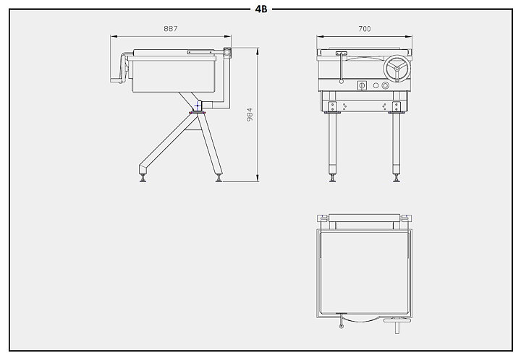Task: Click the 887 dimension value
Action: coord(171,29)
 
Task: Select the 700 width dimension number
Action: coord(365,29)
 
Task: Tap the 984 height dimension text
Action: coord(250,114)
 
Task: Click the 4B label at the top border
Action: coord(261,9)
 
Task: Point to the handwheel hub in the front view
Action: coord(397,69)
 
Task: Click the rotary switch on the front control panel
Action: coord(362,85)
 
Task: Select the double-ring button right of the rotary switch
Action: coord(385,85)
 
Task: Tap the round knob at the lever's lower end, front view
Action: coord(342,81)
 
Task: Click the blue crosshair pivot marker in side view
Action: coord(198,106)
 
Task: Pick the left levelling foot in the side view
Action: coord(143,178)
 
